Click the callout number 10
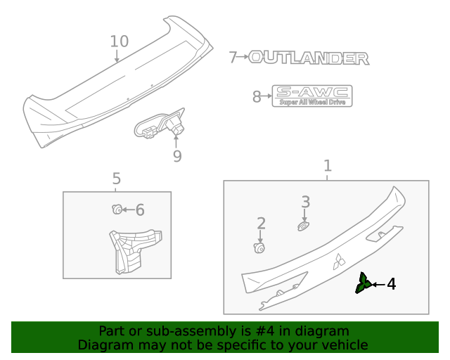coord(120,41)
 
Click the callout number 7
coord(233,58)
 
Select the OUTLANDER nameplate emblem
coord(309,58)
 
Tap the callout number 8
coord(257,97)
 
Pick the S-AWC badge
coord(312,96)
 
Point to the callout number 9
coord(177,156)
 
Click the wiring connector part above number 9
coord(160,127)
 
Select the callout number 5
coord(117,180)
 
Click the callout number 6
coord(140,210)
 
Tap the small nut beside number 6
coord(117,209)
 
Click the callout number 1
coord(328,166)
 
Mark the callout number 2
coord(262,224)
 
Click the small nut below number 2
coord(259,247)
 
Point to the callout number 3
coord(305,202)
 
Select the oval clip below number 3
coord(303,226)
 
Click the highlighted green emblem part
coord(364,283)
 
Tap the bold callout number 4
coord(391,284)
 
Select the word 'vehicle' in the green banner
coord(342,345)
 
